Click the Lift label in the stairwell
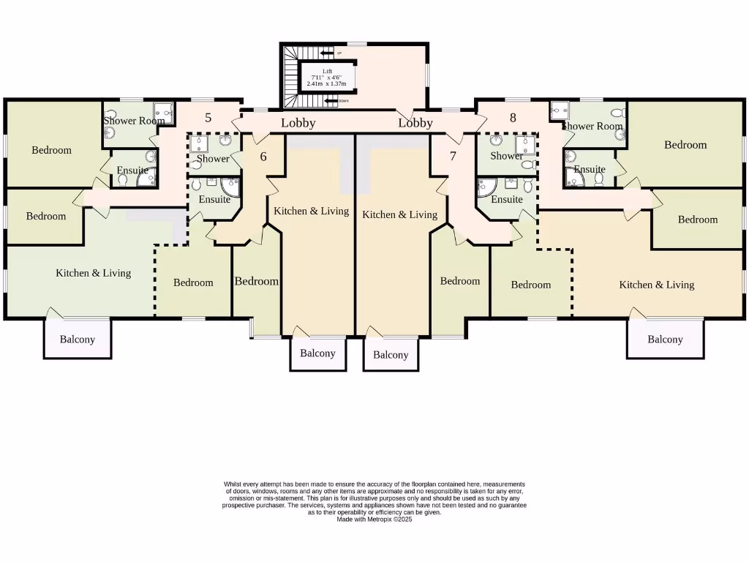click(x=327, y=71)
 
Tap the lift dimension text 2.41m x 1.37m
click(x=327, y=84)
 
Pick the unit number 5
click(x=208, y=118)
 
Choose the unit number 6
click(x=263, y=156)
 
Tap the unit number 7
click(x=453, y=156)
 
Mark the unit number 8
click(x=513, y=117)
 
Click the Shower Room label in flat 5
click(x=134, y=121)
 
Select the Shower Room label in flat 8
click(x=592, y=126)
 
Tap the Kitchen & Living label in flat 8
click(x=656, y=285)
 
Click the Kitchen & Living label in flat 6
click(x=311, y=211)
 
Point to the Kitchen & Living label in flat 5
click(x=94, y=273)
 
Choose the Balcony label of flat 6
click(x=317, y=353)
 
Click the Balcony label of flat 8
click(x=665, y=340)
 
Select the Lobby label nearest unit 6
click(x=298, y=123)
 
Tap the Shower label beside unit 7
click(x=506, y=156)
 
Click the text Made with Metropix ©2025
click(x=374, y=519)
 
